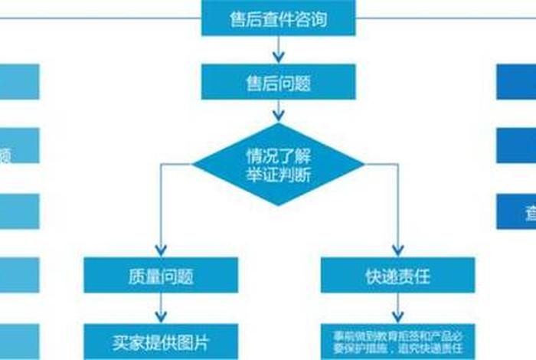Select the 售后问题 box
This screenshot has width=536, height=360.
[x=278, y=81]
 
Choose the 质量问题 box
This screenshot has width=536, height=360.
[x=161, y=274]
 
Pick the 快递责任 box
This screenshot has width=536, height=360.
[x=397, y=274]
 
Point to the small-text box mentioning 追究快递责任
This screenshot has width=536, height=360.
[x=397, y=342]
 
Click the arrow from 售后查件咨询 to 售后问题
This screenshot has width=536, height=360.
[x=278, y=50]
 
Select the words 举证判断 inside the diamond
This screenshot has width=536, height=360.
[x=278, y=175]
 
